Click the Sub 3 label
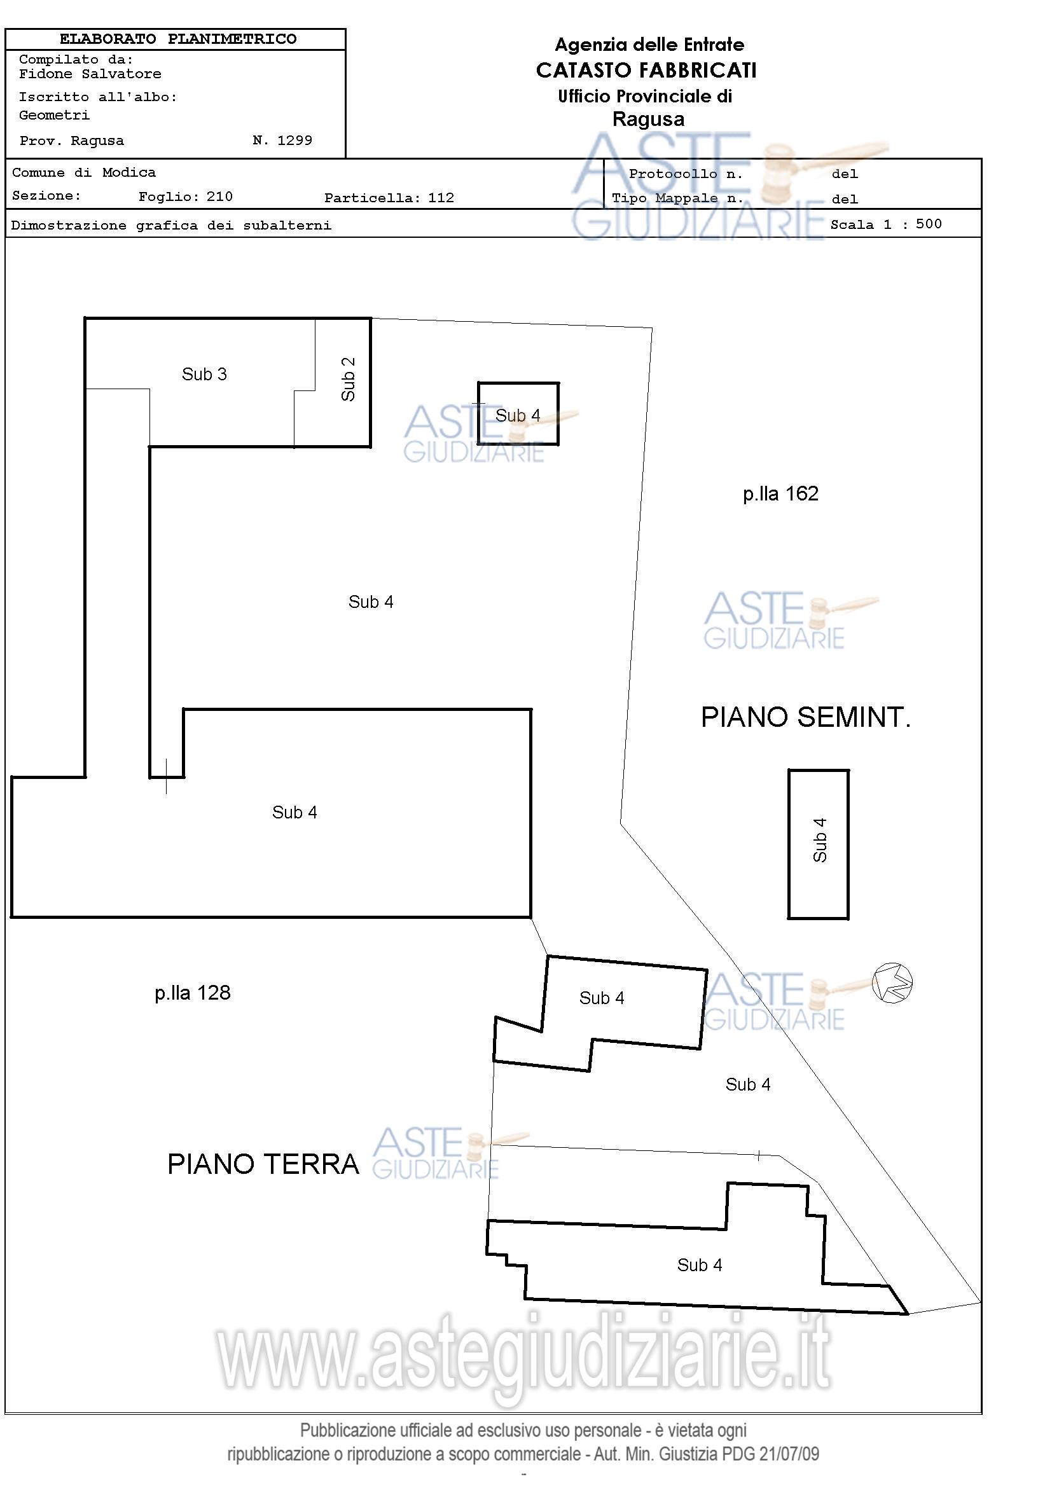pos(204,375)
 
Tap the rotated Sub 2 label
pos(348,379)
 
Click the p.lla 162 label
pos(780,494)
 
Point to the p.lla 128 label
pos(193,993)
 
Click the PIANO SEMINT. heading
pos(806,717)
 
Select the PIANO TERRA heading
pos(263,1164)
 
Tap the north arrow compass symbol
pos(892,983)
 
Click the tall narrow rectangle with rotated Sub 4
pos(819,844)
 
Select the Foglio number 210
pos(219,197)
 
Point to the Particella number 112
pos(441,198)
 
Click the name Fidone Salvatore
pos(90,74)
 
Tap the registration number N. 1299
pos(282,141)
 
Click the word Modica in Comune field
pos(129,173)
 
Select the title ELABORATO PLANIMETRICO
pos(177,39)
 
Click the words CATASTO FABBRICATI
pos(646,71)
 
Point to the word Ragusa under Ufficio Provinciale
pos(648,120)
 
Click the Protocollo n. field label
pos(685,174)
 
